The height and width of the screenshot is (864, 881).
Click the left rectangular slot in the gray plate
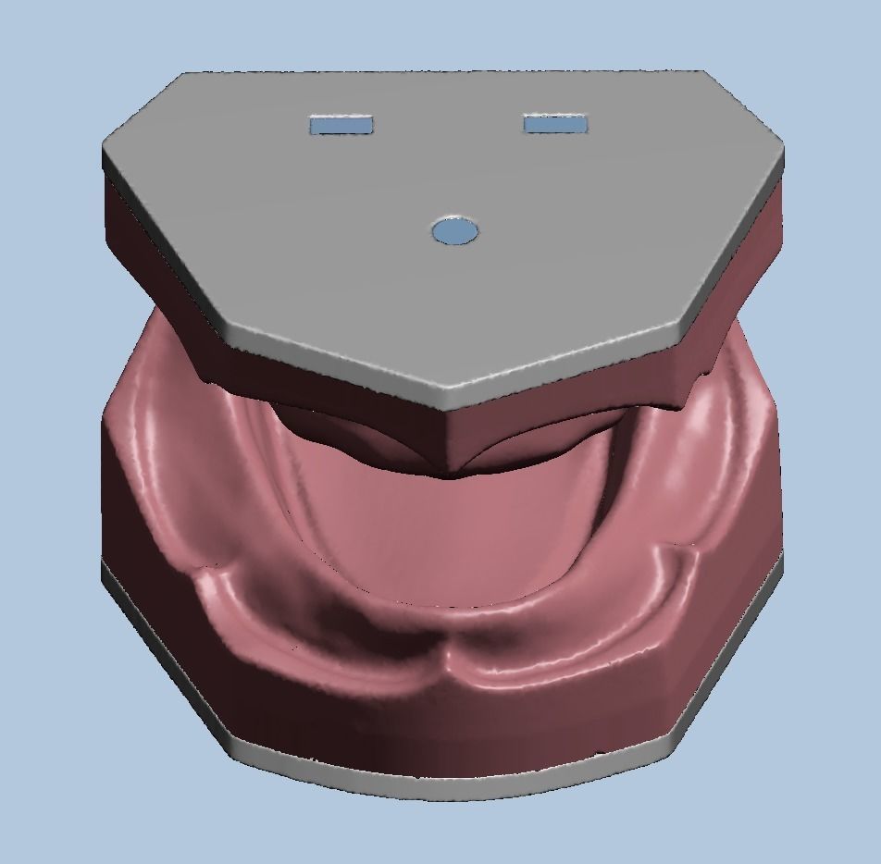pyautogui.click(x=341, y=124)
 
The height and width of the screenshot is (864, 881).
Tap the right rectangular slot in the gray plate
pyautogui.click(x=554, y=123)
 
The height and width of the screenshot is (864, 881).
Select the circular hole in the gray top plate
pyautogui.click(x=455, y=230)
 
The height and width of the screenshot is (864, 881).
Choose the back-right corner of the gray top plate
pyautogui.click(x=705, y=71)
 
